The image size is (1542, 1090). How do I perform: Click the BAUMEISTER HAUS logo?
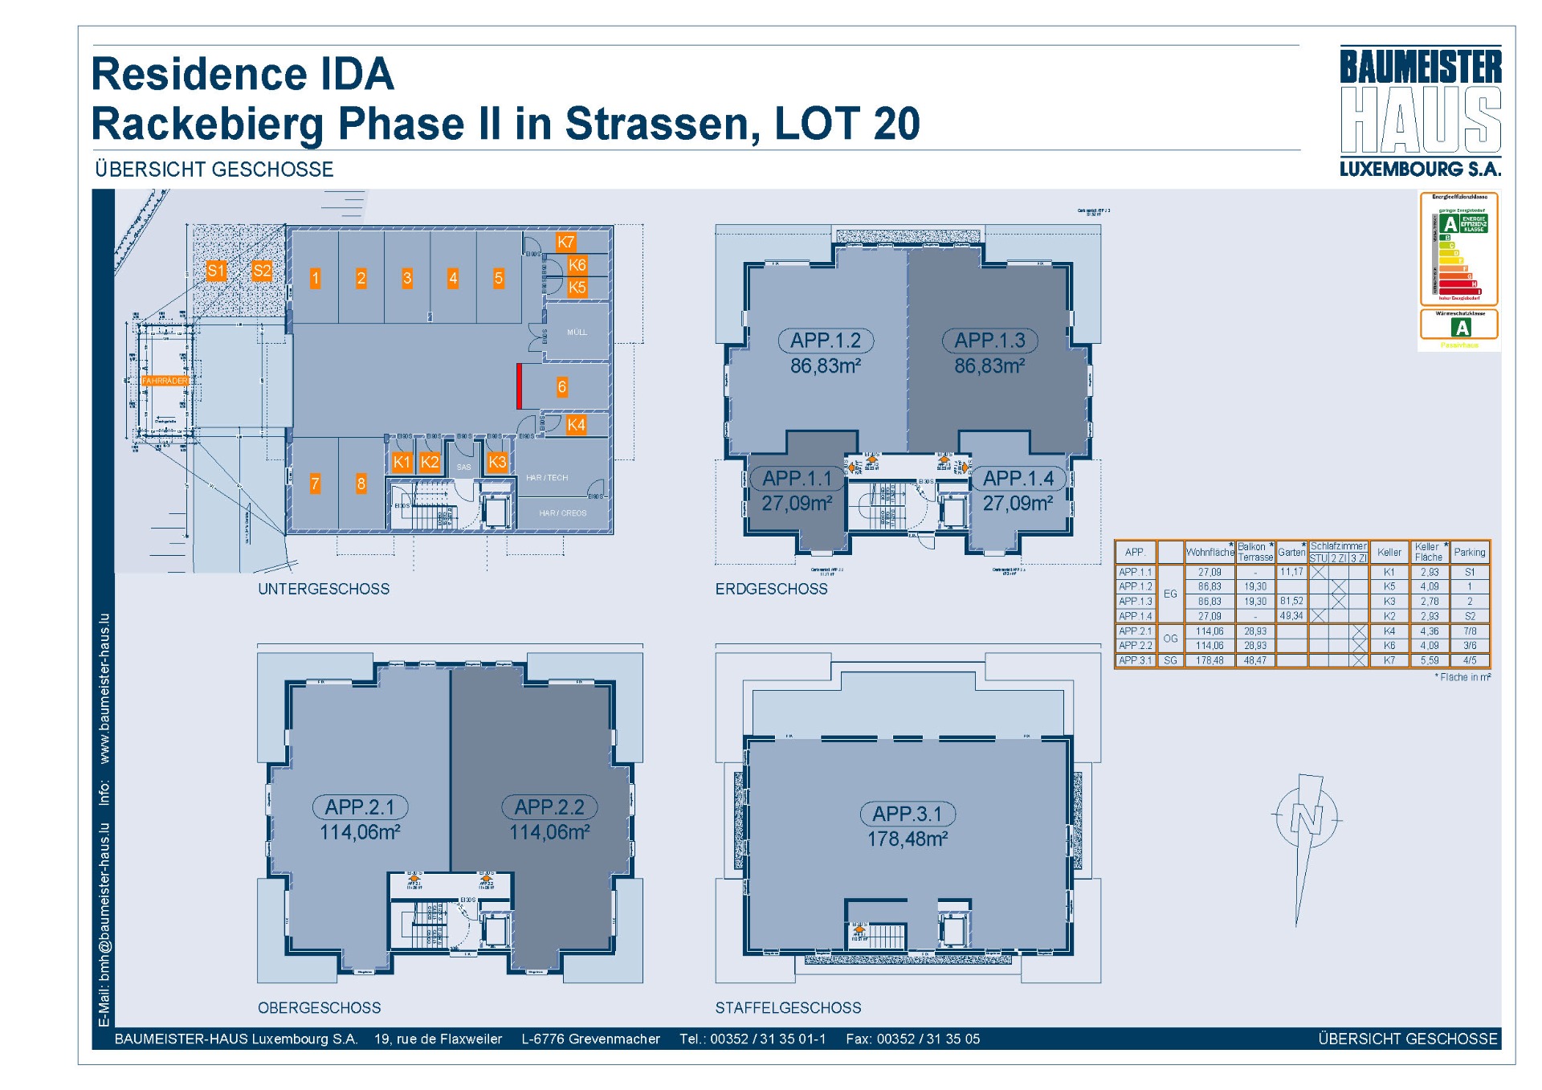coord(1420,111)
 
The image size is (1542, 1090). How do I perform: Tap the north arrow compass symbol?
coord(1306,819)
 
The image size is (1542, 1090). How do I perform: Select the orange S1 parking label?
coord(215,271)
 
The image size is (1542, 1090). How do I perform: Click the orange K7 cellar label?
coord(565,242)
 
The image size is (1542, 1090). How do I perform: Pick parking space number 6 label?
coord(561,387)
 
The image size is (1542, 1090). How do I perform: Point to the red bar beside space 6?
coord(520,386)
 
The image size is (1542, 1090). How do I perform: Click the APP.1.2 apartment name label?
coord(826,341)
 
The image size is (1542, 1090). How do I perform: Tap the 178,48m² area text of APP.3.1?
coord(907,839)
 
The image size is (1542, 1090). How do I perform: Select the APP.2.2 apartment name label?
coord(549,807)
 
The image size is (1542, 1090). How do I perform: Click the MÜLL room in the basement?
coord(577,332)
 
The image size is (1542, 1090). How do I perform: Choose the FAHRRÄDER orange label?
coord(165,381)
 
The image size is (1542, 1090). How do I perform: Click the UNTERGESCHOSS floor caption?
coord(324,589)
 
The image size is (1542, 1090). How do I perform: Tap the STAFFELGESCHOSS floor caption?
coord(788,1008)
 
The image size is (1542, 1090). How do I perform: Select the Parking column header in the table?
coord(1469,553)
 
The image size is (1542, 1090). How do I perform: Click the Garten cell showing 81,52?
coord(1291,601)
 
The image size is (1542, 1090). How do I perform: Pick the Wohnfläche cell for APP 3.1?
coord(1210,660)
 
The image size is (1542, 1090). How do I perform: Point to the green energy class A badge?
coord(1450,224)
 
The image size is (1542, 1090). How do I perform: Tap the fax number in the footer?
coord(928,1039)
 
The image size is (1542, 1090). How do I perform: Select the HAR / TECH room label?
coord(547,478)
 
